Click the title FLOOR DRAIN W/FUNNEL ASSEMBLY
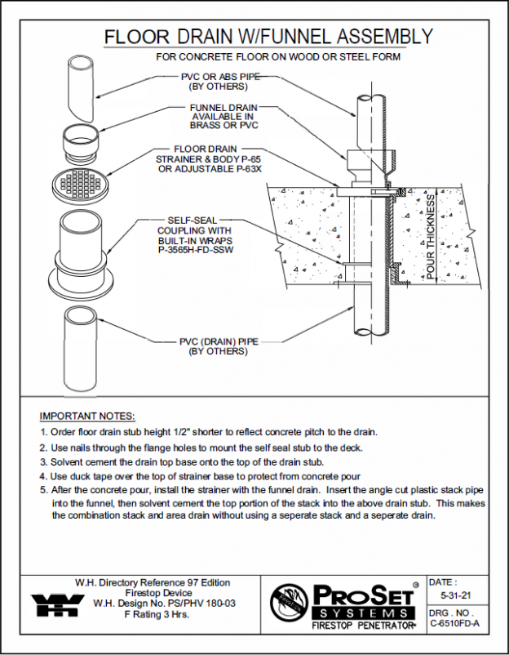click(268, 37)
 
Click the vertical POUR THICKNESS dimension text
click(432, 238)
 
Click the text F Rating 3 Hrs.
click(152, 616)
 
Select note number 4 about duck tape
click(201, 475)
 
